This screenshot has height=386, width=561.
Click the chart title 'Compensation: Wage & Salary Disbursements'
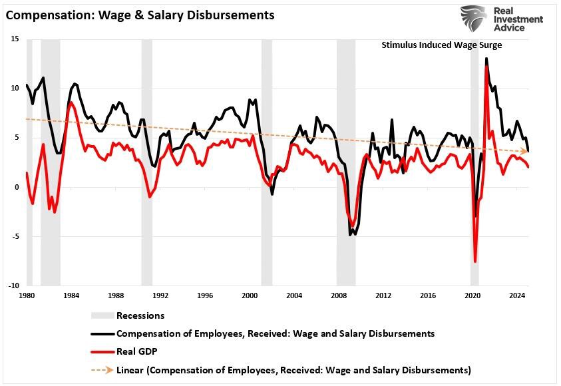[x=140, y=15]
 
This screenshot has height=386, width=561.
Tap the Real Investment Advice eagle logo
[x=474, y=18]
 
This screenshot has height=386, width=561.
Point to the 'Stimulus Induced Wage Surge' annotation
[x=441, y=45]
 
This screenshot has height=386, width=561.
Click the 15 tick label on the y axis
[x=15, y=39]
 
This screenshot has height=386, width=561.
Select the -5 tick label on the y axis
[x=15, y=236]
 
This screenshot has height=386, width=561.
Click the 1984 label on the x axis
[x=71, y=295]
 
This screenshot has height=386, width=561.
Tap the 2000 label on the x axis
[x=250, y=295]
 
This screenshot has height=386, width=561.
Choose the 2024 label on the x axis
[x=517, y=295]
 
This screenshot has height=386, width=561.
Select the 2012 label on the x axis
[x=383, y=295]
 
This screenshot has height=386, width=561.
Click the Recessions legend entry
[x=128, y=315]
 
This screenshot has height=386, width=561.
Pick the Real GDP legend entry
[x=124, y=351]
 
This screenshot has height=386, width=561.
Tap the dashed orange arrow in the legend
[x=102, y=370]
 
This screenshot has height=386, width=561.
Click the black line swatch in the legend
[x=102, y=334]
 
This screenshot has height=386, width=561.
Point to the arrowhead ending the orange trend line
[x=524, y=151]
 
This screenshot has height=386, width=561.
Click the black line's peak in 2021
[x=486, y=59]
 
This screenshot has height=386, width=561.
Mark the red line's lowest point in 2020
[x=475, y=262]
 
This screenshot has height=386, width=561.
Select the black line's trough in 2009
[x=350, y=235]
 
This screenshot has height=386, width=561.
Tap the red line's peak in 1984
[x=71, y=102]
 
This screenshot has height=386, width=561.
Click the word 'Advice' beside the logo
[x=509, y=27]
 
